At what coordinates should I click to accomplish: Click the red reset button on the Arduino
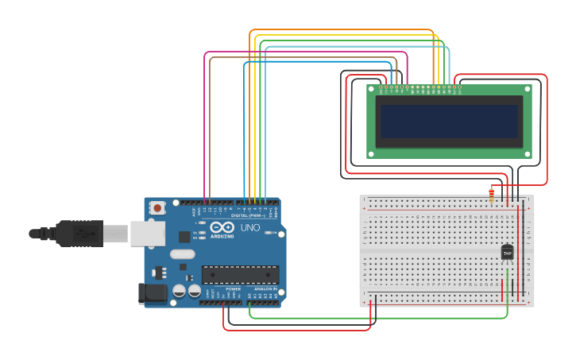tap(157, 208)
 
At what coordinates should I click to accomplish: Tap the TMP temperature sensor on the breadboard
tap(507, 253)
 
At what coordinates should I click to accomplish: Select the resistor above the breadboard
tap(491, 193)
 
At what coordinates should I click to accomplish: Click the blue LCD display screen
tap(449, 121)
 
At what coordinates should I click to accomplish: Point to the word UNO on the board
tap(250, 226)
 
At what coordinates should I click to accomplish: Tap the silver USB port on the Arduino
tap(148, 234)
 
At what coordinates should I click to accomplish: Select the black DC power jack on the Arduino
tap(153, 294)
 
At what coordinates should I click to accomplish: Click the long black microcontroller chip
tap(240, 275)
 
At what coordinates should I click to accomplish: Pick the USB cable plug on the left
tap(79, 234)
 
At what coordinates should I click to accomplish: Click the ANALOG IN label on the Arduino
tap(264, 288)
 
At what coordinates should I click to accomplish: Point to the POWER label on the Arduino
tap(233, 288)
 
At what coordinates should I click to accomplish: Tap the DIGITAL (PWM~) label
tap(249, 215)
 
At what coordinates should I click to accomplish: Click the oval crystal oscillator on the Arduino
tap(182, 254)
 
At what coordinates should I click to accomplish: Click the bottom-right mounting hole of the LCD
tap(527, 153)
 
